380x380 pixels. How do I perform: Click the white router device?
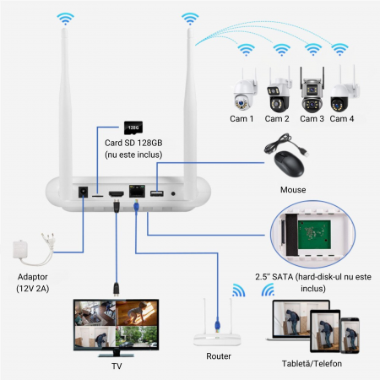click(x=218, y=334)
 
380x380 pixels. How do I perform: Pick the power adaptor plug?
click(x=28, y=246)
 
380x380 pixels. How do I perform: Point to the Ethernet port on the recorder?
click(x=134, y=193)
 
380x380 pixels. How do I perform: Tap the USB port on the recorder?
click(x=156, y=193)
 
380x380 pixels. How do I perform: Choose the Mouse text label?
click(x=292, y=189)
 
